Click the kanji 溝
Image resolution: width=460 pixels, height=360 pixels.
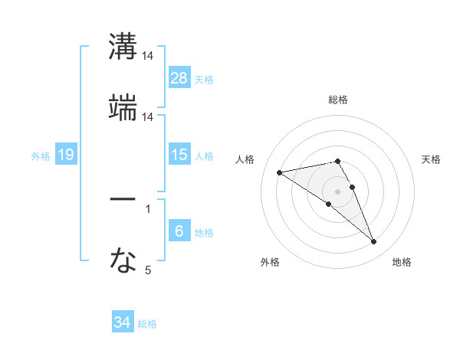(123, 46)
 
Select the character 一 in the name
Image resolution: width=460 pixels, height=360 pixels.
(123, 199)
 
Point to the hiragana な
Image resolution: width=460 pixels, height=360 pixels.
(123, 261)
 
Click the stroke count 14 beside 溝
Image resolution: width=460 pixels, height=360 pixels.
(148, 57)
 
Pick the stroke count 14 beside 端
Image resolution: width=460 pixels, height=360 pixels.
(148, 117)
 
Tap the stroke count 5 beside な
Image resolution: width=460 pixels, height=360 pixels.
(148, 270)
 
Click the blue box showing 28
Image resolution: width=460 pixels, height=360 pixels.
(179, 78)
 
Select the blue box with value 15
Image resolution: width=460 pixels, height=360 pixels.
(179, 155)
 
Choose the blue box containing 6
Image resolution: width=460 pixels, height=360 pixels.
(179, 231)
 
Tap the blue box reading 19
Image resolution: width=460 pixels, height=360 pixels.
(66, 155)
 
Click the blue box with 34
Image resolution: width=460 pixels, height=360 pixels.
(123, 322)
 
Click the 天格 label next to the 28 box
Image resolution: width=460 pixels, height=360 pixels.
(204, 80)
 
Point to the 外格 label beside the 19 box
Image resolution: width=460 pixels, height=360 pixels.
(41, 156)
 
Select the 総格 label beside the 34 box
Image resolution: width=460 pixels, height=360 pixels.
(147, 324)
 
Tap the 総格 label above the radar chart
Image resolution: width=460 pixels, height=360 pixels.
(338, 100)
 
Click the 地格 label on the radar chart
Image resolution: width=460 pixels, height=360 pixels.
(402, 263)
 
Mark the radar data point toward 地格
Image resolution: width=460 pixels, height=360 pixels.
(374, 242)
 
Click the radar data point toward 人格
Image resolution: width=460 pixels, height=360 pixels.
(280, 172)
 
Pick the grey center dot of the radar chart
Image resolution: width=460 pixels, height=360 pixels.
(338, 191)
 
